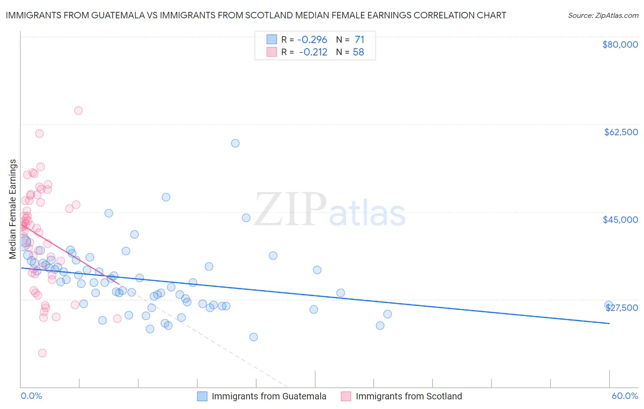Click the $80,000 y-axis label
620,44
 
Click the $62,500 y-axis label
621,132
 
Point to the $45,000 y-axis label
620,220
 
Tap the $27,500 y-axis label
622,308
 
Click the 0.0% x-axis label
31,396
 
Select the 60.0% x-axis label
625,396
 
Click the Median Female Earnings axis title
13,209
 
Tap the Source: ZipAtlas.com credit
603,15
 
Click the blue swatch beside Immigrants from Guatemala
202,396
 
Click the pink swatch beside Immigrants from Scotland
346,396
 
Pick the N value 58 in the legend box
358,52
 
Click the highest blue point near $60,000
235,143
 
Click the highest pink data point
78,111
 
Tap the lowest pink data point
42,353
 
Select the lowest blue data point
253,337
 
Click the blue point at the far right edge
608,305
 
